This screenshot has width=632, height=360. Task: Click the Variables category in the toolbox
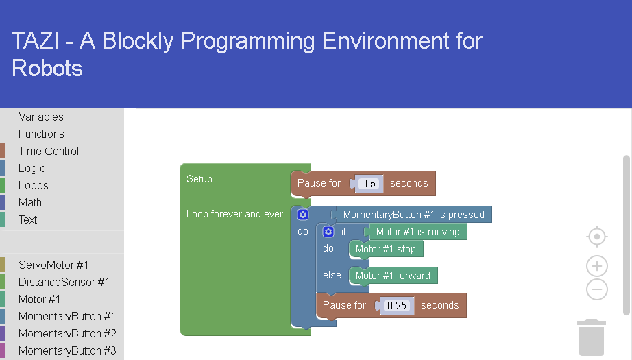pos(41,117)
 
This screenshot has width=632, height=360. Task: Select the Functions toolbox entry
pos(41,134)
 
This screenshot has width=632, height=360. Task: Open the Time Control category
pos(49,151)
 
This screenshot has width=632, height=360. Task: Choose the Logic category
pos(32,168)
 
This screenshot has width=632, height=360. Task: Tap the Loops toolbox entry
pos(34,185)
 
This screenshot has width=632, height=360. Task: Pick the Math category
pos(30,202)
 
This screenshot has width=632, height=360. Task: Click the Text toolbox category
pos(28,219)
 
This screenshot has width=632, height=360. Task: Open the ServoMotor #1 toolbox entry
pos(53,265)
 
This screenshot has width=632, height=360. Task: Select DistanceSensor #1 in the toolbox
pos(64,283)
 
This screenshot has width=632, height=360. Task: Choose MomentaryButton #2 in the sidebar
pos(67,333)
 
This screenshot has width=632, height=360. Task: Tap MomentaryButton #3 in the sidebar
pos(67,350)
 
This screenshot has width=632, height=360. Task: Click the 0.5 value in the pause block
pos(368,183)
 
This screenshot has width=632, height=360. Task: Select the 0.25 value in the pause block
pos(397,306)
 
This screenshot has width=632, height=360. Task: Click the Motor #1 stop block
pos(386,249)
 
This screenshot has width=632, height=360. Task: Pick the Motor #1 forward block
pos(393,276)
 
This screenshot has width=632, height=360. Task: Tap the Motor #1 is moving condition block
pos(418,232)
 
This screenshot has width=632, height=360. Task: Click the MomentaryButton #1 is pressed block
pos(413,215)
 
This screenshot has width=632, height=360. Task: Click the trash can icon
pos(592,337)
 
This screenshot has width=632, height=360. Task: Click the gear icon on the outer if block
pos(303,215)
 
